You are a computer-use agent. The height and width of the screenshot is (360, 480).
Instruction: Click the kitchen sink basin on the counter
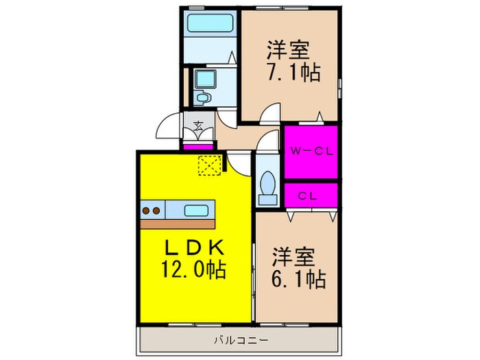(197, 210)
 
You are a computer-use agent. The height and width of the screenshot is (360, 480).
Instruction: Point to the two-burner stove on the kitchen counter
(151, 210)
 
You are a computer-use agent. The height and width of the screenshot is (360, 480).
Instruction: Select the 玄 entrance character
(197, 125)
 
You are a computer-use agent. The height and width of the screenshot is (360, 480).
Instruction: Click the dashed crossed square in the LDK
(207, 165)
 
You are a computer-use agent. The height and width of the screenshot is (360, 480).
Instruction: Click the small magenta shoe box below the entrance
(197, 146)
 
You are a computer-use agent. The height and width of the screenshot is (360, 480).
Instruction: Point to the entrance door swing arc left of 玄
(167, 125)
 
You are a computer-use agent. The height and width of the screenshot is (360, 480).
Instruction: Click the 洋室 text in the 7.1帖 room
(288, 49)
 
